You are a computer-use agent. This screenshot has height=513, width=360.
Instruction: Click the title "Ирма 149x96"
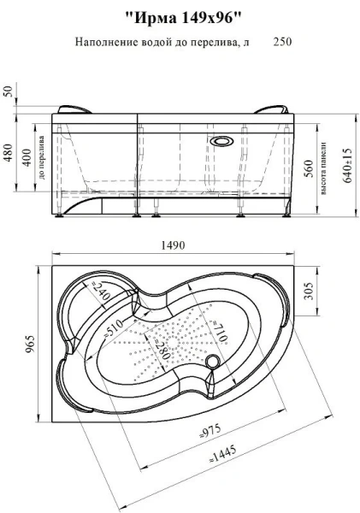[x=183, y=18]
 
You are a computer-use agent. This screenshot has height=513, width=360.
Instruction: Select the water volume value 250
[x=282, y=42]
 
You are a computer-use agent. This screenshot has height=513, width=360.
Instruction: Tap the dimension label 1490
[x=173, y=245]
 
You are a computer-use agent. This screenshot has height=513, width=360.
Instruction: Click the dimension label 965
[x=30, y=345]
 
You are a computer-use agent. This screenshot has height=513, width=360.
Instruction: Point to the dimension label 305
[x=309, y=291]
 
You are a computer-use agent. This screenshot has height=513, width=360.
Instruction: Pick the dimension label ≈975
[x=210, y=431]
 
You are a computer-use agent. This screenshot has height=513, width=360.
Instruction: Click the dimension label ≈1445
[x=223, y=453]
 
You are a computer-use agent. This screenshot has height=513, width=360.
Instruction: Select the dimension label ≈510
[x=112, y=327]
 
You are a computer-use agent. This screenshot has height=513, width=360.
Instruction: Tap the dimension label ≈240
[x=98, y=292]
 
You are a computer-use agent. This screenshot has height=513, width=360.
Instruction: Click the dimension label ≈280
[x=160, y=347]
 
